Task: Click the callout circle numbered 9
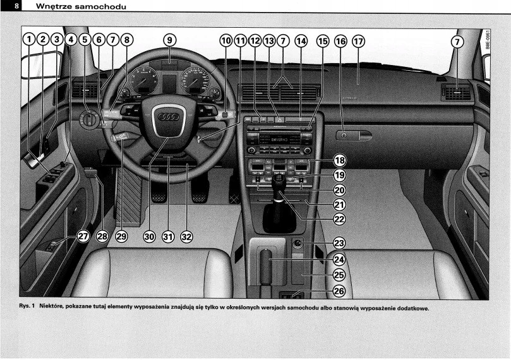(x=169, y=40)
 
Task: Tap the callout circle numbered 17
(x=358, y=41)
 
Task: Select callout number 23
(x=339, y=243)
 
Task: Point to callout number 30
(x=149, y=236)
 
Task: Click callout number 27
(x=83, y=236)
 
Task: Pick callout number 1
(x=28, y=40)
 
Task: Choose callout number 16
(x=340, y=41)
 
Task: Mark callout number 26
(x=339, y=291)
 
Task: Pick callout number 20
(x=339, y=190)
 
